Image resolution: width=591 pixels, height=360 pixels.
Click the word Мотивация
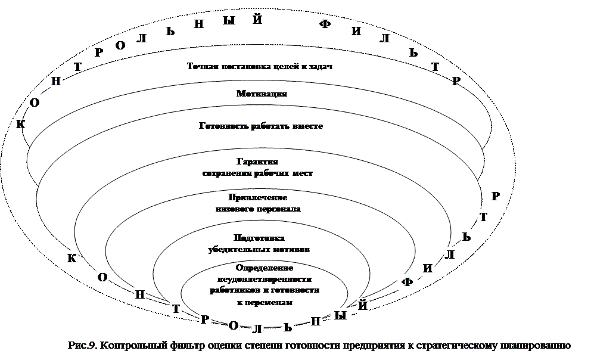coord(262,94)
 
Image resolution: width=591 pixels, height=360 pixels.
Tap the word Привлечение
coord(258,197)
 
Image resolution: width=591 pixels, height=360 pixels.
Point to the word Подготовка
coord(258,238)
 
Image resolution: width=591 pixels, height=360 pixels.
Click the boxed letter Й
coord(363,306)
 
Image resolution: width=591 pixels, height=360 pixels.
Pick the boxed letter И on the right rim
coord(427,268)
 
